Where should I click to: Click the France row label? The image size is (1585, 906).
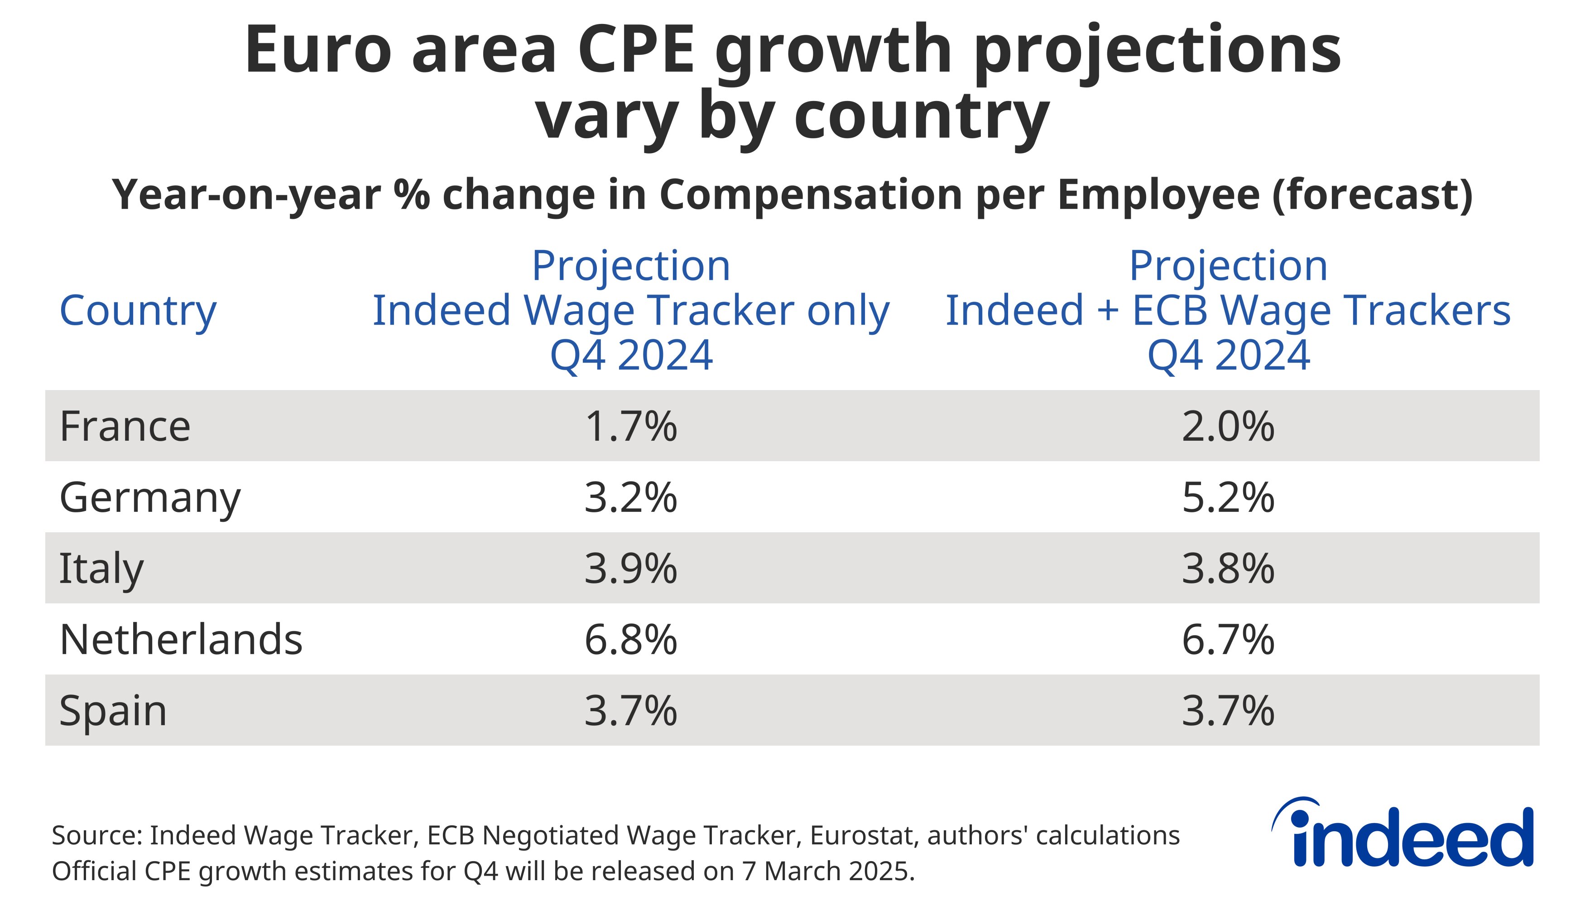point(125,427)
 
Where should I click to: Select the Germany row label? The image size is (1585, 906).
point(149,498)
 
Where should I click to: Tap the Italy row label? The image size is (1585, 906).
point(101,569)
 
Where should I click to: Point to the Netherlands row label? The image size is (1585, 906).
point(180,640)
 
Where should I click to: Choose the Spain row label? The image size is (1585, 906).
point(113,711)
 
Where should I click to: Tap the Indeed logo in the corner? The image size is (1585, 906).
point(1403,834)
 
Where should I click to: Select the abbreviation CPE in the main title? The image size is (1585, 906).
point(635,50)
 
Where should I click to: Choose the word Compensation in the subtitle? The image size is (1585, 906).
point(812,195)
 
